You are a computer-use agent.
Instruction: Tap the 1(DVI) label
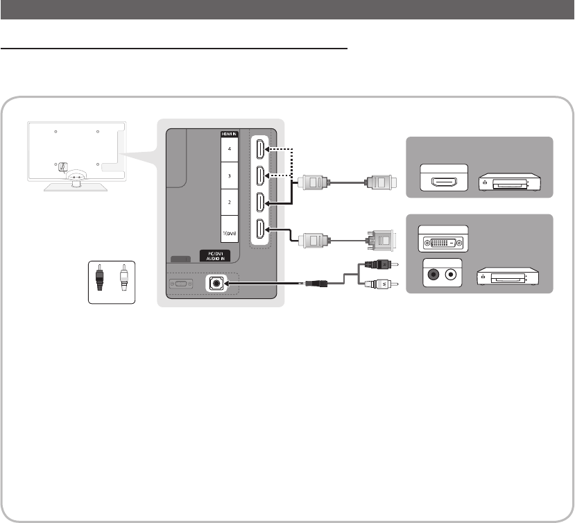(228, 234)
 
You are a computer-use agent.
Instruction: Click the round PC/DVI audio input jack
(216, 283)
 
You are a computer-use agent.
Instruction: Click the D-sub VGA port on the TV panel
(179, 284)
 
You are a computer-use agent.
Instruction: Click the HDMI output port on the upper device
(443, 182)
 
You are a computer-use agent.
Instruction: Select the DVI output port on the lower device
(443, 242)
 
